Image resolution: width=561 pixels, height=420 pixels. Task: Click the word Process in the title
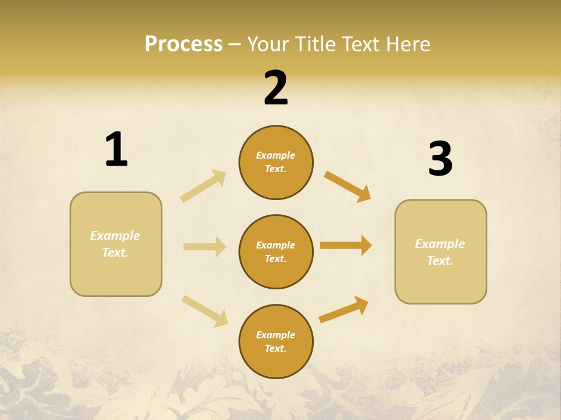[x=183, y=44]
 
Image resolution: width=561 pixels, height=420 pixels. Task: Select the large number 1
[x=116, y=150]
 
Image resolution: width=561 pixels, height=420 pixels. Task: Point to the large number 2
[x=276, y=88]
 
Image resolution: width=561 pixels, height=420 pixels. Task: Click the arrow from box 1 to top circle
[x=203, y=186]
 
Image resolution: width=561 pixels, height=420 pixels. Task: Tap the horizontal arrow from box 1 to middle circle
[x=205, y=247]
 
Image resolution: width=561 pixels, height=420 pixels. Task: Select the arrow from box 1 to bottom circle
[x=205, y=310]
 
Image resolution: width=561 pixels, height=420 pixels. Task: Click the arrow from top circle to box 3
[x=347, y=186]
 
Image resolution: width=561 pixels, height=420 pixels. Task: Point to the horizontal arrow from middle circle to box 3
[x=346, y=246]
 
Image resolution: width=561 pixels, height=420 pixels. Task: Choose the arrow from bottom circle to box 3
[x=344, y=310]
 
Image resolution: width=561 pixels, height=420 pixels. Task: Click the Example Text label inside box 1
[x=115, y=244]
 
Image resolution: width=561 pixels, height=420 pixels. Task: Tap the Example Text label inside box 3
[x=440, y=252]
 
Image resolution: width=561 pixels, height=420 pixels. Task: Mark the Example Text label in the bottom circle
[x=276, y=342]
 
